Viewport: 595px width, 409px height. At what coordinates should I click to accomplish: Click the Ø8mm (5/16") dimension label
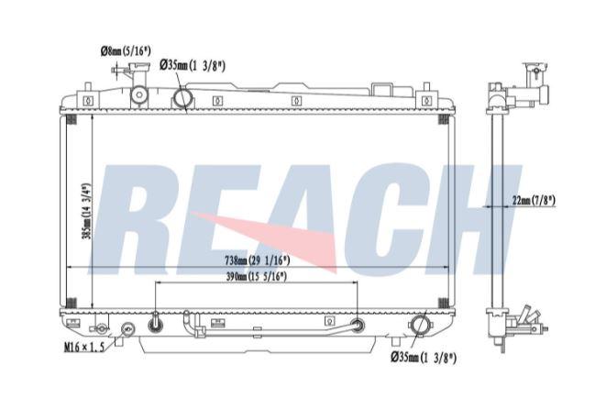click(126, 50)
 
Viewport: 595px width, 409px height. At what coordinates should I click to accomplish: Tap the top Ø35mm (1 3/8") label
click(193, 65)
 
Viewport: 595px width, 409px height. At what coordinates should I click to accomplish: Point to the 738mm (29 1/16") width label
click(258, 260)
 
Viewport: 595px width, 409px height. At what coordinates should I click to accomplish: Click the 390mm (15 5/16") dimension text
click(256, 277)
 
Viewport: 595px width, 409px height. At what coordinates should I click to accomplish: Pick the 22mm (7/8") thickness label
click(534, 200)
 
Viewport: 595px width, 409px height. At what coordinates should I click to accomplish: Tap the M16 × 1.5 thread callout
click(83, 347)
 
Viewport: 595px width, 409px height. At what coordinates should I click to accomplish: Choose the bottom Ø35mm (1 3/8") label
click(424, 358)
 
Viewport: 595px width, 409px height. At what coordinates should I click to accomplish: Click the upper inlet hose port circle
click(183, 98)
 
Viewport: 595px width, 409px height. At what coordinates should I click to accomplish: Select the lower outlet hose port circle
click(420, 326)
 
